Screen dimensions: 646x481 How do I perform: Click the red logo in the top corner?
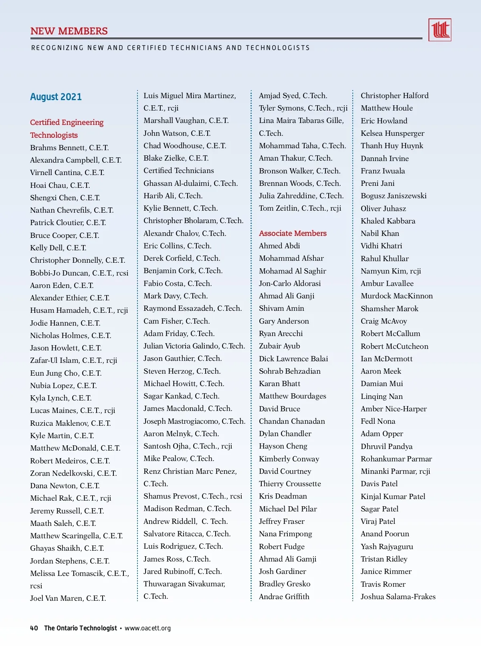pos(440,30)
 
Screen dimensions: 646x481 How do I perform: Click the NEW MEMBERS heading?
pos(69,31)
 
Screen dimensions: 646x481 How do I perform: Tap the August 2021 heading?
pos(56,97)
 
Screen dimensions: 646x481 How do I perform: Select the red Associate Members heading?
pos(293,233)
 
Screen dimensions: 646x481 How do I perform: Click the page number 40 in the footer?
pos(34,628)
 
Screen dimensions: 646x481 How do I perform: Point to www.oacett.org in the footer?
pos(148,628)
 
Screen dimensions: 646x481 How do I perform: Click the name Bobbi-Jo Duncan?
pos(60,273)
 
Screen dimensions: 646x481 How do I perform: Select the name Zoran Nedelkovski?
pos(63,473)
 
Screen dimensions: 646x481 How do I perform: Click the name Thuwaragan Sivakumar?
pos(184,584)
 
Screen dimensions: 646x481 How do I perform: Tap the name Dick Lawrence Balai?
pos(293,358)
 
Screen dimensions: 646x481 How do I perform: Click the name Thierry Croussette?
pos(290,483)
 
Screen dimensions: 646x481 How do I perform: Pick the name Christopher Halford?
pos(394,95)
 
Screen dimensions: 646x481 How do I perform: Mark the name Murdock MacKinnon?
pos(396,296)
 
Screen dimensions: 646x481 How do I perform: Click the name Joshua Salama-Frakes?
pos(398,596)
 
